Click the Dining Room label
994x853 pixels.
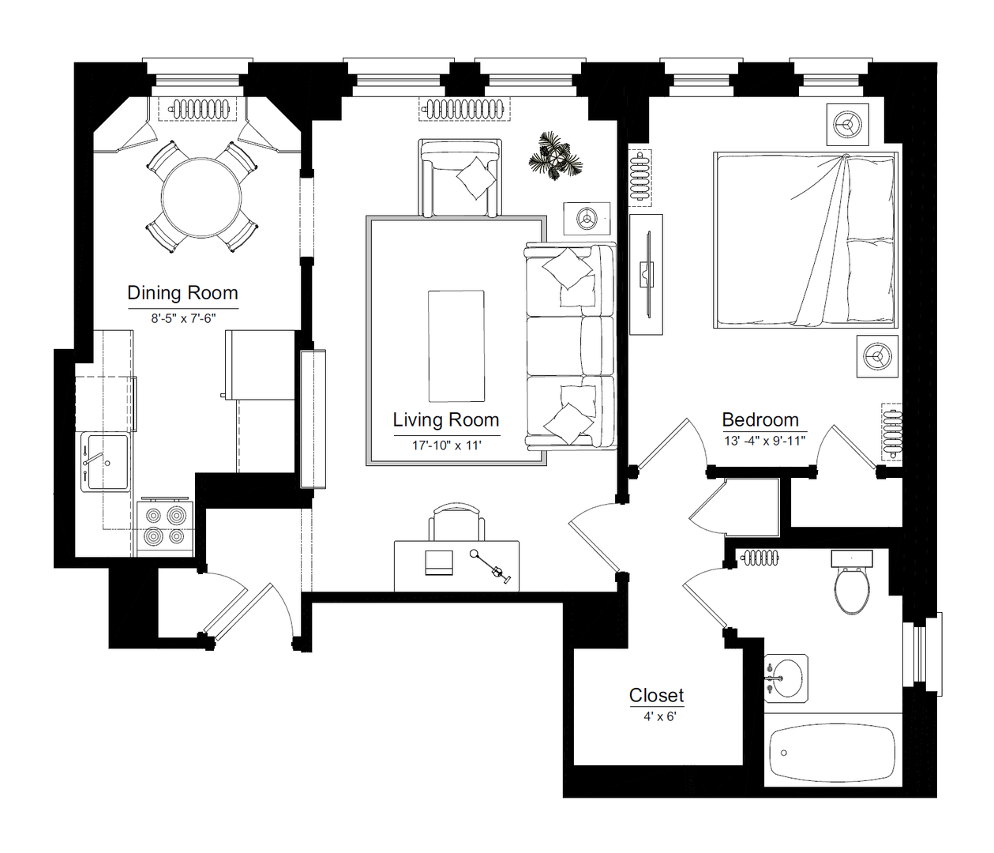point(182,292)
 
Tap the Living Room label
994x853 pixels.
point(446,419)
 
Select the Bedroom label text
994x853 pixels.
point(760,419)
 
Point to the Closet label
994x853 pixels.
point(656,695)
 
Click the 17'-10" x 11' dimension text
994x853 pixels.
point(446,445)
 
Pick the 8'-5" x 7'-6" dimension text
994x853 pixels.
point(183,318)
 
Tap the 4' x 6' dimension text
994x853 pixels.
point(660,717)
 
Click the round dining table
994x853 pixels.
point(201,197)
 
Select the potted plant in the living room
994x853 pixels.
point(556,156)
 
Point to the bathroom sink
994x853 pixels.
point(786,678)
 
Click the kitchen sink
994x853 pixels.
point(106,462)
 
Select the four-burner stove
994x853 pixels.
point(165,528)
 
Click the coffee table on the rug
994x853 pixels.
point(456,346)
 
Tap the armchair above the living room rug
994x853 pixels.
point(460,178)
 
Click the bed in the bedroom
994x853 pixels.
point(805,240)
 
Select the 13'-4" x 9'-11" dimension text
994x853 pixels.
point(764,441)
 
